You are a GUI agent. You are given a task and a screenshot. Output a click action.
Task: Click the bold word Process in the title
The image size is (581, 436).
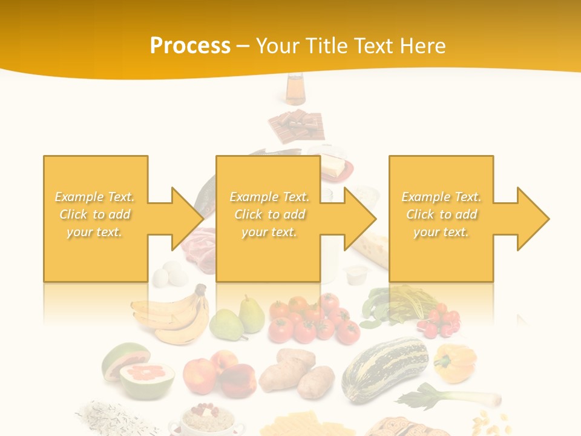[190, 46]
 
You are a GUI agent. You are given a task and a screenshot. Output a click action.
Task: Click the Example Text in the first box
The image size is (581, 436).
[94, 197]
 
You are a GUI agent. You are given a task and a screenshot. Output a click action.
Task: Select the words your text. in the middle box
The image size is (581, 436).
[269, 232]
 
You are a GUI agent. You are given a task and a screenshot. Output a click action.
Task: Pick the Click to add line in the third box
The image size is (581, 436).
[441, 214]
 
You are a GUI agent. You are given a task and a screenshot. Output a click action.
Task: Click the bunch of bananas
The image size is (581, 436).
[172, 315]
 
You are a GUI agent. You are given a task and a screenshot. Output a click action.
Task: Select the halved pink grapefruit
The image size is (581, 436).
[140, 372]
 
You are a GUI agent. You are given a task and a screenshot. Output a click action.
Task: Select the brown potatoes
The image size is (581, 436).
[296, 372]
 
